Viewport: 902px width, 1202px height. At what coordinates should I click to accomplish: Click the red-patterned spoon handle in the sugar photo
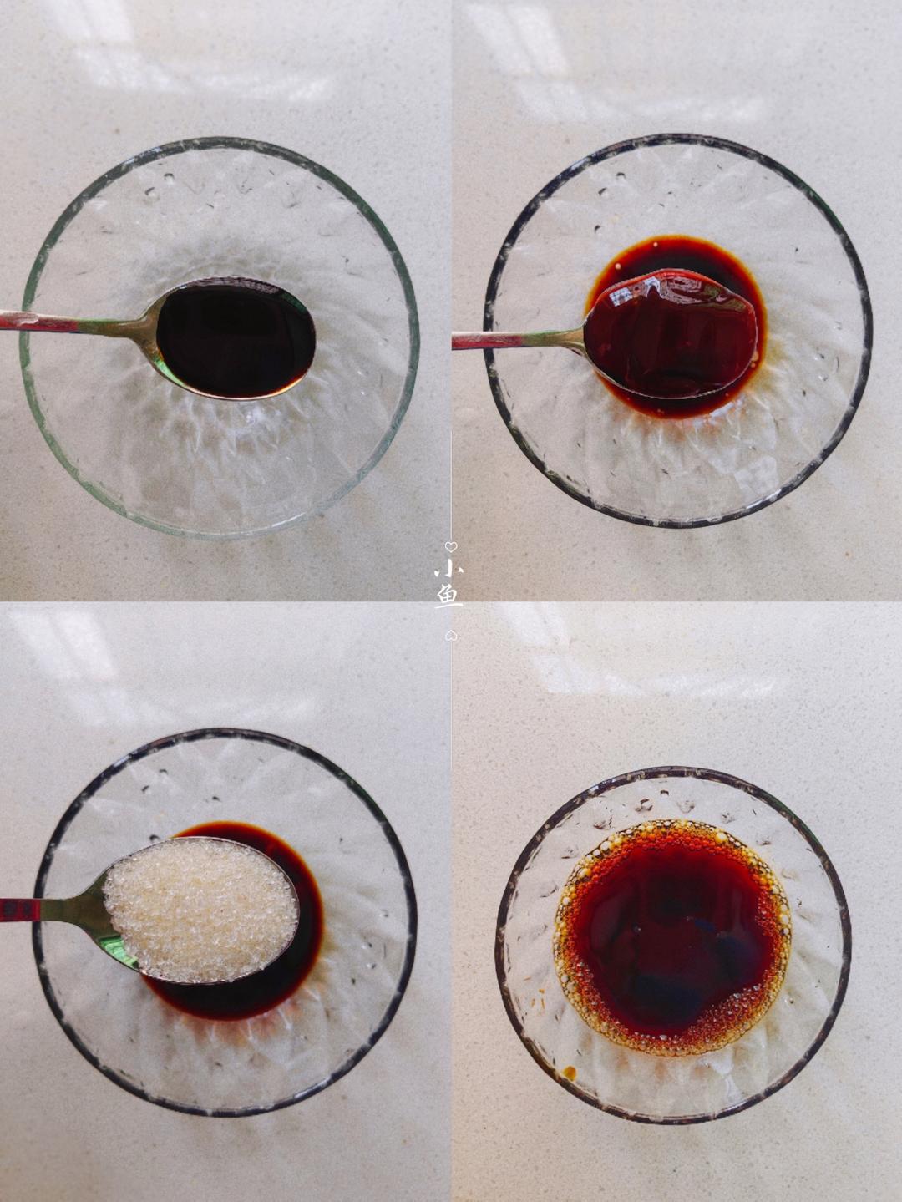click(20, 910)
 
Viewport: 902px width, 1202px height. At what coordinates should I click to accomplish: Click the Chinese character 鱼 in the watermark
click(449, 598)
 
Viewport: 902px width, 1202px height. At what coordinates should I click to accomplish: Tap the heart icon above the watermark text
click(450, 546)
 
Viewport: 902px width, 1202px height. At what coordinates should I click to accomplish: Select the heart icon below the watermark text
click(450, 635)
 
